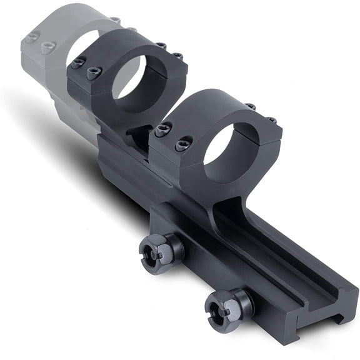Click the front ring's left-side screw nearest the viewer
(182, 144)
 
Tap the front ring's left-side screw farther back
(162, 130)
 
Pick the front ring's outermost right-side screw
(271, 119)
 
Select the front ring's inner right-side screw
(251, 107)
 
